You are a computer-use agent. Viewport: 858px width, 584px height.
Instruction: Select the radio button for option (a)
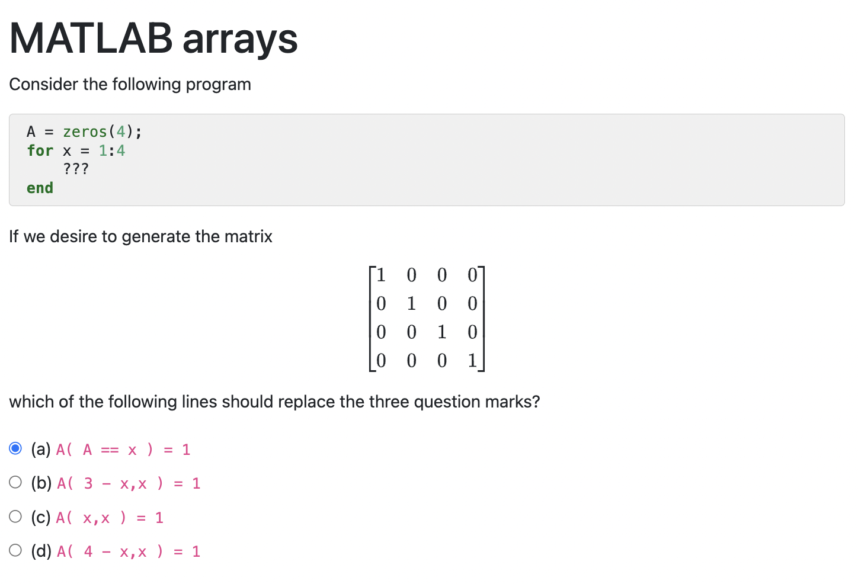(16, 448)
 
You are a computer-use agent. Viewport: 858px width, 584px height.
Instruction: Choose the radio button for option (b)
(16, 482)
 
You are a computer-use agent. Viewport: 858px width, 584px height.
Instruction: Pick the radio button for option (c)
(16, 516)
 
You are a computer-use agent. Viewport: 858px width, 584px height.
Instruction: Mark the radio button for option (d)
(16, 550)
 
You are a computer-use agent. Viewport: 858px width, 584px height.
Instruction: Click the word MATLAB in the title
(91, 38)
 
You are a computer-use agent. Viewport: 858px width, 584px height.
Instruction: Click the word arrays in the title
(240, 40)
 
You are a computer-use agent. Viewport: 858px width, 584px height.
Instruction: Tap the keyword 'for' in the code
(40, 150)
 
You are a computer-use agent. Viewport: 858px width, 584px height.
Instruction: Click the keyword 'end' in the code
(40, 188)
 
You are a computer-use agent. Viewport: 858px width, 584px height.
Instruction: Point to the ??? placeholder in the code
(76, 169)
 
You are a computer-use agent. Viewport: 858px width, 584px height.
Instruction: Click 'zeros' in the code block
(85, 131)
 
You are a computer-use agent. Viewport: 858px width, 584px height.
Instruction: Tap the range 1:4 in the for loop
(112, 150)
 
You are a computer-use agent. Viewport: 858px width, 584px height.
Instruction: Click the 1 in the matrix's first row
(381, 275)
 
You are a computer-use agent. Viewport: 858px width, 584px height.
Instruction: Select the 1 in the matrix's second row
(411, 303)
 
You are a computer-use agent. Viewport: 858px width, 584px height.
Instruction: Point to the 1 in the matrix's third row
(442, 332)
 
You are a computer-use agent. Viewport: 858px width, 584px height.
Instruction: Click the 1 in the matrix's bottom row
(472, 360)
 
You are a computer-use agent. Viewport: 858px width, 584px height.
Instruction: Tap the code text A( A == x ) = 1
(123, 450)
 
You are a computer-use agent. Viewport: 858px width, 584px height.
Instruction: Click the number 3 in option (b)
(88, 483)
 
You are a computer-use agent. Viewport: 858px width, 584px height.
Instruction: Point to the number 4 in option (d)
(88, 551)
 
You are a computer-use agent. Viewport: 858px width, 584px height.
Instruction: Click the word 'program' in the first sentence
(218, 84)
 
